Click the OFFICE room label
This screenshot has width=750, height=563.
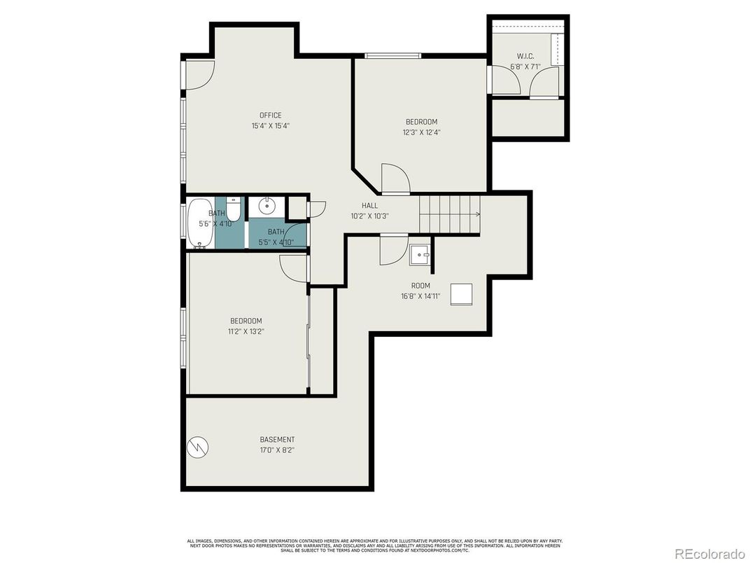(270, 116)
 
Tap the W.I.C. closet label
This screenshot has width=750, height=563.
(525, 56)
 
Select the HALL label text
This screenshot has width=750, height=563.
(369, 205)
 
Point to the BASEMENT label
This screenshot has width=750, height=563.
(277, 440)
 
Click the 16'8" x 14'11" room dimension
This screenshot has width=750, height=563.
(420, 296)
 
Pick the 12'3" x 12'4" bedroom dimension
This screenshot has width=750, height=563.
(421, 132)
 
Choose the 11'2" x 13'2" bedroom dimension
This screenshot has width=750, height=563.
(246, 331)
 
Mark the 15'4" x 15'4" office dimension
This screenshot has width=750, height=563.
(270, 126)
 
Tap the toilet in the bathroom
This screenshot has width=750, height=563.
(234, 209)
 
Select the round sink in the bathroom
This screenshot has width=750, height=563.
(267, 206)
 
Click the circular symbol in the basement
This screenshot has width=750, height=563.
(197, 446)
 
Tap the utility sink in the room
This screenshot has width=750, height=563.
(420, 253)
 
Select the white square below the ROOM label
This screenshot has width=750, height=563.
(462, 294)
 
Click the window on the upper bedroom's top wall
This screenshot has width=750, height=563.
(392, 56)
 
